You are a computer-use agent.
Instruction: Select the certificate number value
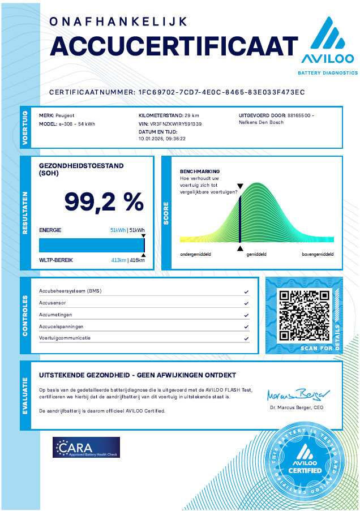[x=222, y=92]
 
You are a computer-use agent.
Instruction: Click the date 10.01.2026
[x=149, y=138]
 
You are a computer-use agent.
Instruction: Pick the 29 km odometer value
[x=192, y=115]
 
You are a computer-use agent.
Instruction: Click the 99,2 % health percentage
[x=103, y=201]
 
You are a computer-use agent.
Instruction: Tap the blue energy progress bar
[x=91, y=245]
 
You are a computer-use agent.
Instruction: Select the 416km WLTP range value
[x=137, y=260]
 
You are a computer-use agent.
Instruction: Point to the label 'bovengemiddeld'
[x=318, y=255]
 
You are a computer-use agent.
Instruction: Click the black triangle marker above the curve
[x=240, y=186]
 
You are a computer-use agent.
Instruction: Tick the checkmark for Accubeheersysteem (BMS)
[x=246, y=292]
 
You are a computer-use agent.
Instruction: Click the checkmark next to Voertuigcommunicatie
[x=246, y=338]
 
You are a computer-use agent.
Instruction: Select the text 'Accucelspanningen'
[x=61, y=327]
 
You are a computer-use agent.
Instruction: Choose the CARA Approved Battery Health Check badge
[x=86, y=447]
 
